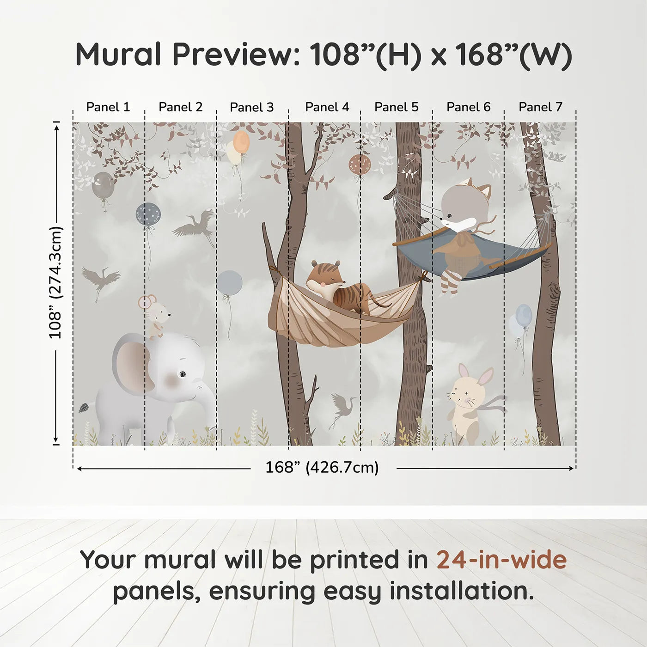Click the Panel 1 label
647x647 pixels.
108,107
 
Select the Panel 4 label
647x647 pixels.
327,107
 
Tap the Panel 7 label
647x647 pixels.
540,107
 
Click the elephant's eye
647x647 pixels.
183,373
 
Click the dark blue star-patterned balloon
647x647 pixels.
148,214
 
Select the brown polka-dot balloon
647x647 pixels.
359,165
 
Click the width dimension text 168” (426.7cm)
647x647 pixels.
322,468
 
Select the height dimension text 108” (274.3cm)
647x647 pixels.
55,282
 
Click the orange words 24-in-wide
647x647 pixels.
501,560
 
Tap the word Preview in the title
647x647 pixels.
233,55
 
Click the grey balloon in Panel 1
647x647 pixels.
103,185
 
